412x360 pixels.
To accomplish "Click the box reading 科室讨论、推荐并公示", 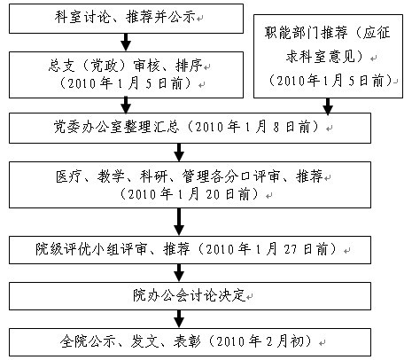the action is coord(126,19).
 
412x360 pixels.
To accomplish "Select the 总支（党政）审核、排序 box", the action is coord(126,74).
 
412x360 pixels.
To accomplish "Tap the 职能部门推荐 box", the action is coord(328,56).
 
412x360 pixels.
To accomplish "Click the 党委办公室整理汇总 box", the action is coord(190,128).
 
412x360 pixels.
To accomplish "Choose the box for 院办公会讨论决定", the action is coord(190,296).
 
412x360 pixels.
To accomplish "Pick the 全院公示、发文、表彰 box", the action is coord(190,342).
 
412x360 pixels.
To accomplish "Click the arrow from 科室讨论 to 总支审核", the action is coord(126,43).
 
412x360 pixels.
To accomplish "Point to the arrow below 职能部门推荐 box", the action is coord(328,106).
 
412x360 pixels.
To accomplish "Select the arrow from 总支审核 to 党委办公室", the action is coord(126,106).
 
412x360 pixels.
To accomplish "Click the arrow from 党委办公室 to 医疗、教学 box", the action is coord(179,153).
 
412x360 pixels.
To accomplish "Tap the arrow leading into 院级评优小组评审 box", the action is coord(179,222).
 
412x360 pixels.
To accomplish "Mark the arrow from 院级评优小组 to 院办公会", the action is coord(179,273).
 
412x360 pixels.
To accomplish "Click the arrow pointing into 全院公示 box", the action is coord(179,319).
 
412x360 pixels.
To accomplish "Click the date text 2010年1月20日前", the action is coord(189,194).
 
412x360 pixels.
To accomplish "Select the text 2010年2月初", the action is coord(260,341).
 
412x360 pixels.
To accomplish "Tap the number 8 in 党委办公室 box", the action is coord(276,128).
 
